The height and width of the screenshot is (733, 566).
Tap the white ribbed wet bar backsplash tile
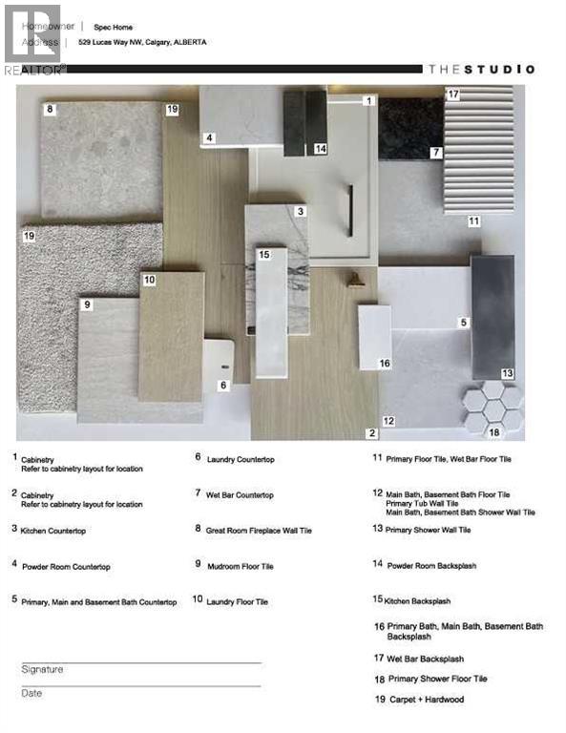click(x=480, y=153)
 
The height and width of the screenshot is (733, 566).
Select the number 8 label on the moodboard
click(x=50, y=110)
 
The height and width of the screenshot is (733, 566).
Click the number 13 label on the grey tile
click(x=507, y=373)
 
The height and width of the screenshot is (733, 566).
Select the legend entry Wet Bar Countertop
click(x=240, y=494)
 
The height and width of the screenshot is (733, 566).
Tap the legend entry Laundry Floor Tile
click(x=237, y=601)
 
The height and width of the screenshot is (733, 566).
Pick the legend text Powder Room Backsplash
click(x=431, y=565)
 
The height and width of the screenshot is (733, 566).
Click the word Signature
click(x=42, y=670)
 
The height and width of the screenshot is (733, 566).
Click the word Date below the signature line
click(x=31, y=693)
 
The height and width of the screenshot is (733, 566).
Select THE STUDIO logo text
click(x=481, y=69)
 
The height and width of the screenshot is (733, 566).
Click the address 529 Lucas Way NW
click(x=149, y=42)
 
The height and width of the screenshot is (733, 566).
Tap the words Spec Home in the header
click(x=112, y=27)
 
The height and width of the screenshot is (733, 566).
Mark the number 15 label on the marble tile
click(x=264, y=255)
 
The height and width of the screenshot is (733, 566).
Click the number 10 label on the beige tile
click(x=149, y=280)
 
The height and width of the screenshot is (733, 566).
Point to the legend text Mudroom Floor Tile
click(x=240, y=566)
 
